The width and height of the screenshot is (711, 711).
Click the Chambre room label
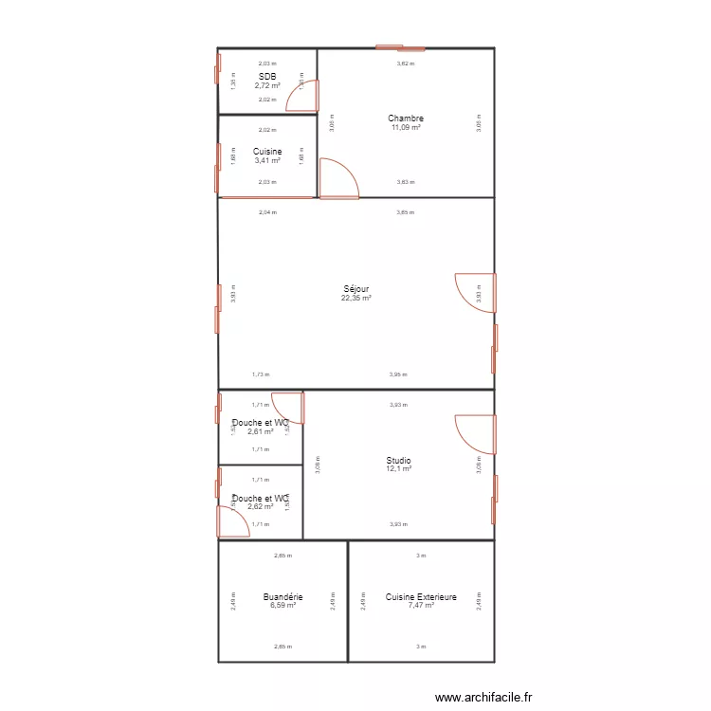405,118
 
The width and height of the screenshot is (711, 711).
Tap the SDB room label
267,77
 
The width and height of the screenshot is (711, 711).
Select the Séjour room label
356,289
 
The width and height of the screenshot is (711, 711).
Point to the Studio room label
398,461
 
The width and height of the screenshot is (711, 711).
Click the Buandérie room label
283,597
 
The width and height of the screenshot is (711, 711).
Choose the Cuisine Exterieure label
421,597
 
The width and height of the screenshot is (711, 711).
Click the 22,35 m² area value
356,298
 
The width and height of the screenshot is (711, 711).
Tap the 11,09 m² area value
405,127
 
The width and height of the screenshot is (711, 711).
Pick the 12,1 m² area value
398,469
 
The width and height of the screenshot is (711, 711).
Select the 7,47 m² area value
421,606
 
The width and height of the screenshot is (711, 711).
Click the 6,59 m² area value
283,606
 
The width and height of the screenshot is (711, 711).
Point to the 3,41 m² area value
267,160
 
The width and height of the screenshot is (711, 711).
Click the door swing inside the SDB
303,96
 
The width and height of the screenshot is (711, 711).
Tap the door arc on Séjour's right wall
476,292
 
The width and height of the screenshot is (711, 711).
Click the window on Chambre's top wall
400,47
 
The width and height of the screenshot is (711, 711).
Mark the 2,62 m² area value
260,507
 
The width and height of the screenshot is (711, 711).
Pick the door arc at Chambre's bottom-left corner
337,179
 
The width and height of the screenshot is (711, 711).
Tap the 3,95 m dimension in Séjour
397,374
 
